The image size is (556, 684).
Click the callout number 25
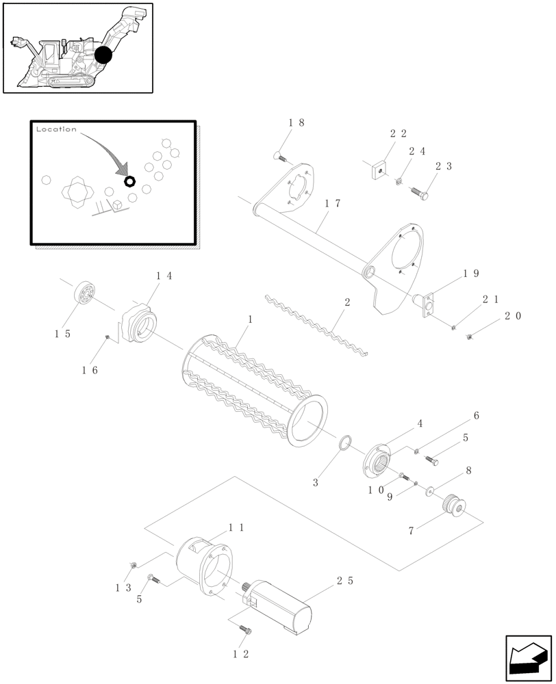click(x=345, y=581)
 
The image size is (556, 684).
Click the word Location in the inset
click(x=56, y=129)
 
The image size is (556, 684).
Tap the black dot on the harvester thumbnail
click(x=103, y=55)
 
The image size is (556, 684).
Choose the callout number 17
click(x=333, y=203)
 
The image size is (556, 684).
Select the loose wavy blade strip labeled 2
click(x=315, y=321)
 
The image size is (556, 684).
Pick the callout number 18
click(x=296, y=122)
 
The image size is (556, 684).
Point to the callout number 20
click(x=513, y=316)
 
